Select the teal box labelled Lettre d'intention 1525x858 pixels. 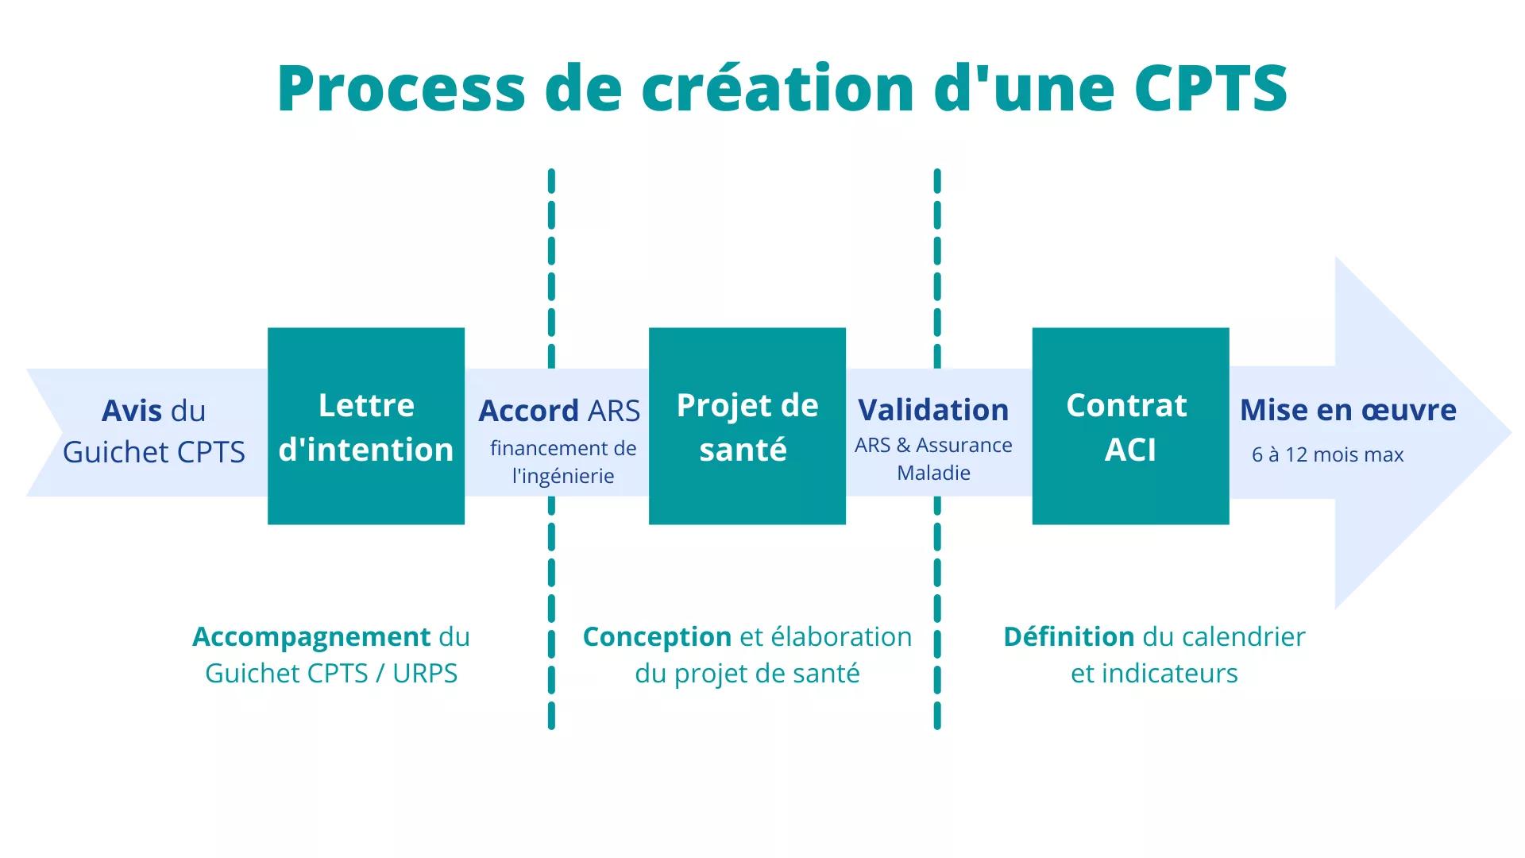(x=366, y=426)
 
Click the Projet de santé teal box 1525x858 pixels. (x=747, y=426)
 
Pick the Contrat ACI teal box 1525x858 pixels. (x=1131, y=426)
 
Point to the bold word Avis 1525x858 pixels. (x=132, y=411)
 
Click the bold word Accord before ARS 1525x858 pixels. (x=528, y=411)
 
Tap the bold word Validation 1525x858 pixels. (x=933, y=410)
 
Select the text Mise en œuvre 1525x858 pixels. (x=1348, y=410)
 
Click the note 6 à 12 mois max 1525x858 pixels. (x=1328, y=454)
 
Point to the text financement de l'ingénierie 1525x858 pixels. (x=563, y=462)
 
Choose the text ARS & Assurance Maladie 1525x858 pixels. (x=933, y=458)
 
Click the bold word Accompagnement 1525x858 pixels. (x=311, y=637)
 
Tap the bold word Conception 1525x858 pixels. (x=657, y=637)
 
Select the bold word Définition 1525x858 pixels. (x=1069, y=636)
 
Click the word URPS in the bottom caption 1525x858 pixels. (x=425, y=674)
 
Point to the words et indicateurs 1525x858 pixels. (x=1154, y=674)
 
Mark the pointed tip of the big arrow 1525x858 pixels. (x=1511, y=433)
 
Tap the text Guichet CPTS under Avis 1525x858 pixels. (x=154, y=452)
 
